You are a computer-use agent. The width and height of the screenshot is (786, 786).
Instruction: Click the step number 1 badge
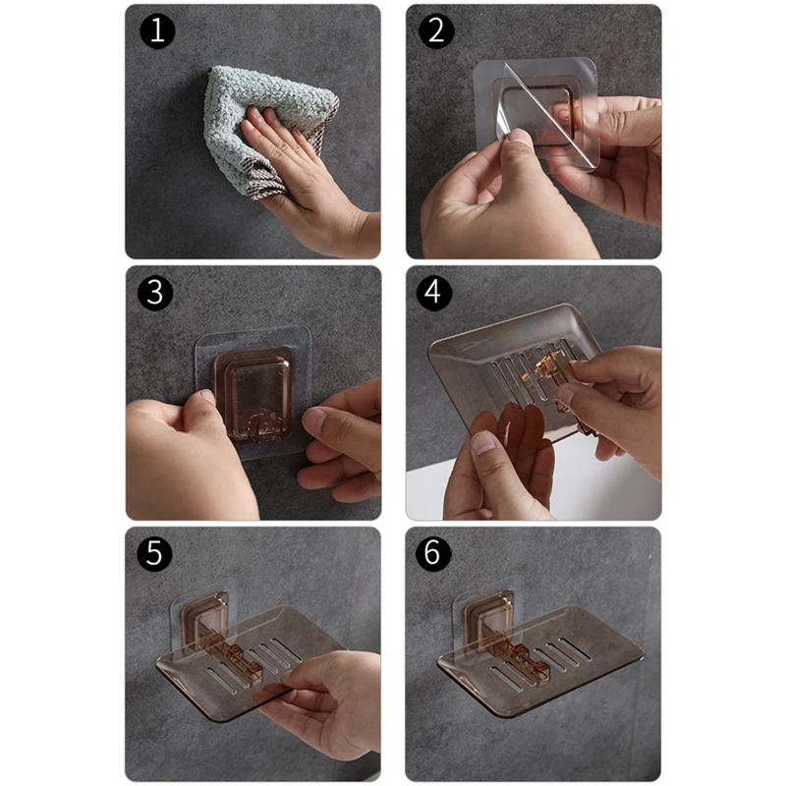[157, 31]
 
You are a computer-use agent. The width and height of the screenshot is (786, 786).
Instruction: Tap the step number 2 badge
[436, 31]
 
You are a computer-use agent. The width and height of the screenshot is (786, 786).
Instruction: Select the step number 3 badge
[155, 293]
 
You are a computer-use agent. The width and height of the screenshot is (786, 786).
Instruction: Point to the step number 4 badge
[434, 293]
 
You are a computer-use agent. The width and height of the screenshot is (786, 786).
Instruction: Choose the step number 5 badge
[154, 553]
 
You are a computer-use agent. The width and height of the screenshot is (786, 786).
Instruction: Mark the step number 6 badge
[433, 553]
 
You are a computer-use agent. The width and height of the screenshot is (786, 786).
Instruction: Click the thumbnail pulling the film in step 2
[523, 138]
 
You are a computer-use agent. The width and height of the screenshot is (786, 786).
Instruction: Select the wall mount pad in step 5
[202, 617]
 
